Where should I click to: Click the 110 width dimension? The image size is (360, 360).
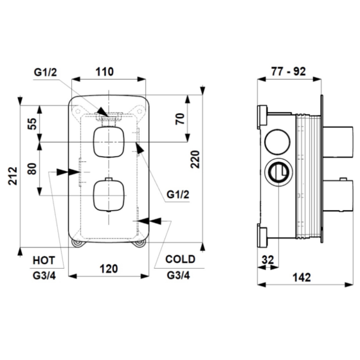[x=104, y=71]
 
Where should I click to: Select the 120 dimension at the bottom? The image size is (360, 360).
[x=108, y=268]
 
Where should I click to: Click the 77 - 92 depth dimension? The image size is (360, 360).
[x=289, y=71]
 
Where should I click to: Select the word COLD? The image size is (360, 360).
[x=181, y=260]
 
